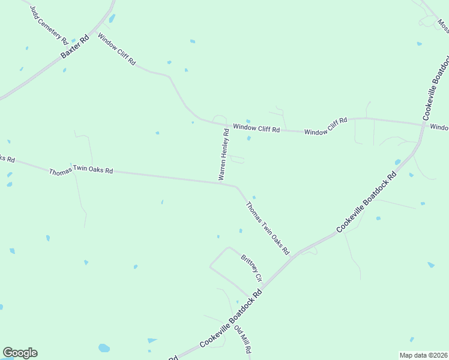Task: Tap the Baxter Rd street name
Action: pos(75,47)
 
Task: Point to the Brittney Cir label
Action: pos(252,269)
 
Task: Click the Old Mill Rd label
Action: pos(242,339)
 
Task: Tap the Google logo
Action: pos(20,353)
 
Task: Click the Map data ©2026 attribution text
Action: pos(423,355)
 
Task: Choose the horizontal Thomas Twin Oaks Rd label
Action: pos(81,170)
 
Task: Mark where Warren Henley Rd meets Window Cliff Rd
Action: pos(226,125)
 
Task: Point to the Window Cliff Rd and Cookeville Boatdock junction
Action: pos(423,125)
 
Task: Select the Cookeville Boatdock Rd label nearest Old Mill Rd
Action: pos(231,318)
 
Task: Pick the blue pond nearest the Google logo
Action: pos(104,348)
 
